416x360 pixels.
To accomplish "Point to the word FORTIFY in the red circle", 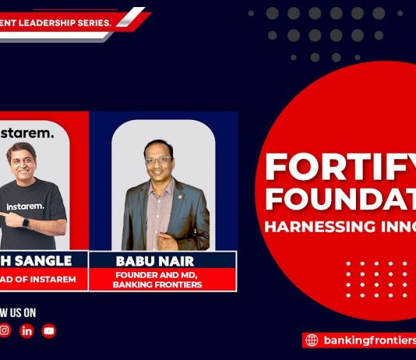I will tap(340, 167).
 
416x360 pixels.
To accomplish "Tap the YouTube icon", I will tap(49, 331).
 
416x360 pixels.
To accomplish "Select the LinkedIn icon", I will tap(27, 331).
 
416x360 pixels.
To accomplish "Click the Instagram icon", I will tap(5, 331).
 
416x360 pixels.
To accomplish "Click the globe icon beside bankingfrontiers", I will tap(312, 340).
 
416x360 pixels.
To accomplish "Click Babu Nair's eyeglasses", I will tap(157, 160).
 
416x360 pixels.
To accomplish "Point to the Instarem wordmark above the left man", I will tap(27, 133).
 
